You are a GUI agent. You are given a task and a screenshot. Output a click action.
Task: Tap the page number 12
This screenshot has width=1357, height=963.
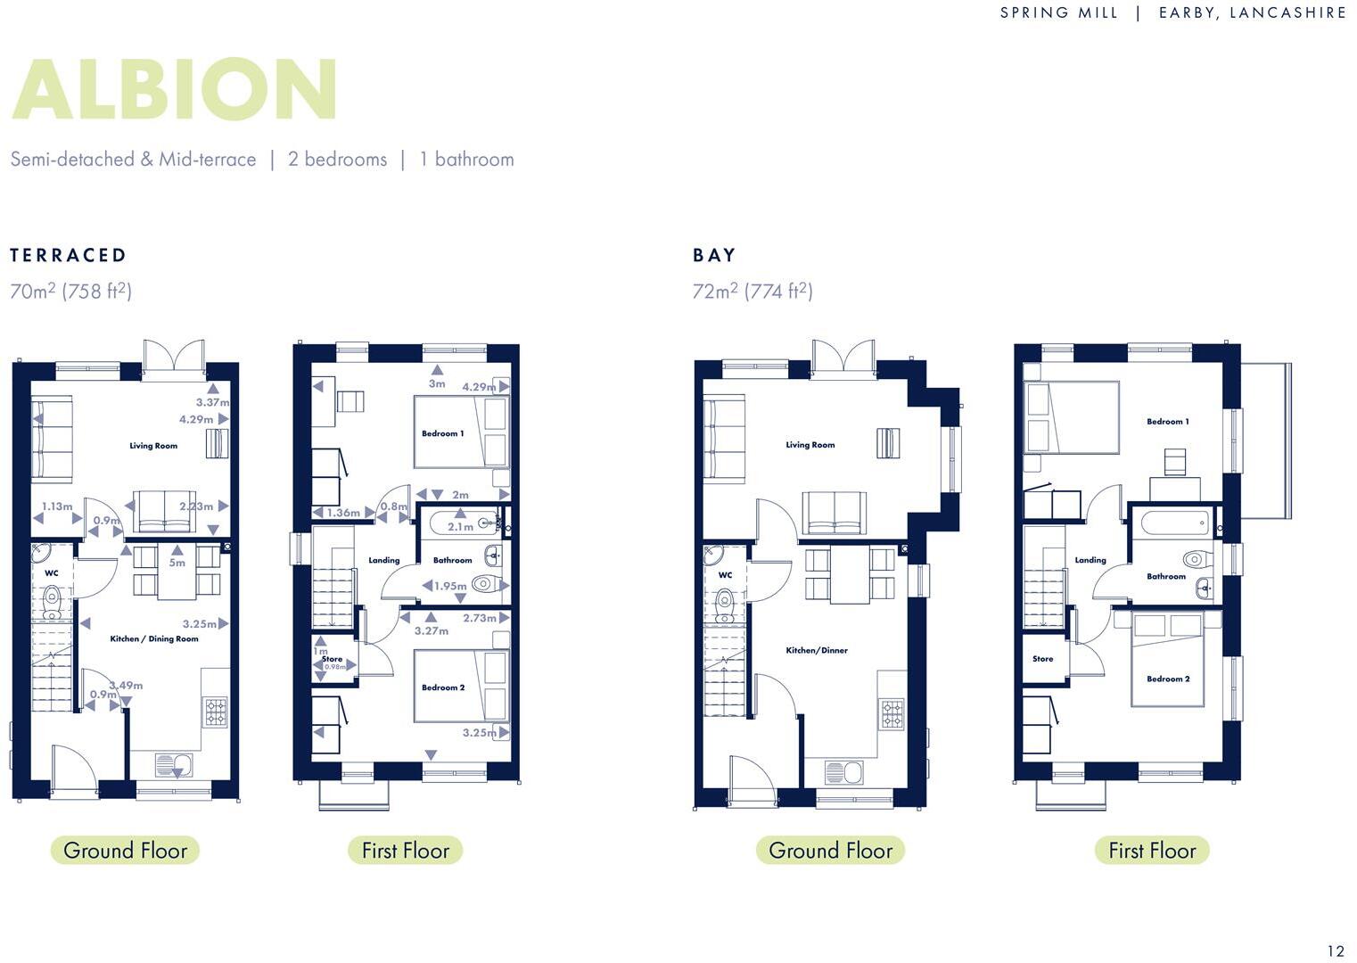coord(1335,951)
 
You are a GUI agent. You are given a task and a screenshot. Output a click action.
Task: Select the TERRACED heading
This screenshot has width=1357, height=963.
coord(69,255)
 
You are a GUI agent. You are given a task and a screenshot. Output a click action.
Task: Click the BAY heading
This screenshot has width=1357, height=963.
coord(714,255)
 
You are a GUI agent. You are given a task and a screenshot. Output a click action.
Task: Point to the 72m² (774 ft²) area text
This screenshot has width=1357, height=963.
coord(753,291)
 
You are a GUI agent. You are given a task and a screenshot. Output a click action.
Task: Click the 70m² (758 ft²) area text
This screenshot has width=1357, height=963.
coord(71,291)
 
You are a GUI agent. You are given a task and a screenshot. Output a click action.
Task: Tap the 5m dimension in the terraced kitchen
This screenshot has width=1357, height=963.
coord(177,563)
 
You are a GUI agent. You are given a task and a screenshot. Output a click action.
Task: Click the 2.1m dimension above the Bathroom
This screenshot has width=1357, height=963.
coord(460,527)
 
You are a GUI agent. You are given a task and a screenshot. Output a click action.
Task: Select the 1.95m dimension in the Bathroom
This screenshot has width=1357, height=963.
coord(450,586)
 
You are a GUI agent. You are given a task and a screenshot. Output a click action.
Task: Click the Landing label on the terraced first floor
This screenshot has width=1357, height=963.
coord(384,560)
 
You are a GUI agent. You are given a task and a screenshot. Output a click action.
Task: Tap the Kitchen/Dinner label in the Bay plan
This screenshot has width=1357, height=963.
coord(817,650)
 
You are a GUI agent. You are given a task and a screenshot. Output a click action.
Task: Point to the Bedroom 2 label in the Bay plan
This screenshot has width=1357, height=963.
coord(1168,679)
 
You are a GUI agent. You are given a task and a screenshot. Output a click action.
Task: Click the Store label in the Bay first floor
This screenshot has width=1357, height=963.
coord(1042,659)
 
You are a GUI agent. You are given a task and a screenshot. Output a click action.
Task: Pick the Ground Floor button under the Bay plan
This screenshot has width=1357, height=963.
coord(830,851)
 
